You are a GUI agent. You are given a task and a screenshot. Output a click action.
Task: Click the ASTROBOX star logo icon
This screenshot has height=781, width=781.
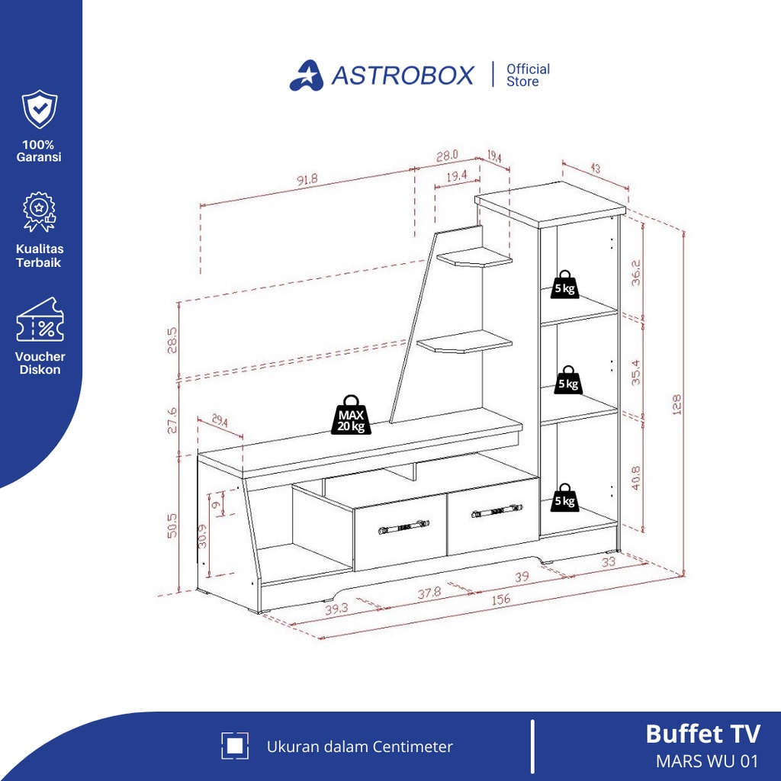click(307, 76)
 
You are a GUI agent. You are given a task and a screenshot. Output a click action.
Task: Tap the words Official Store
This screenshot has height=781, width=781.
click(528, 76)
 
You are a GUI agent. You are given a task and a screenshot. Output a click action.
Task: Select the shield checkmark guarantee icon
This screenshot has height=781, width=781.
click(40, 109)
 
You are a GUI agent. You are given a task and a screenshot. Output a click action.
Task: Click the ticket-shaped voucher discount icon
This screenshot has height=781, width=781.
click(40, 320)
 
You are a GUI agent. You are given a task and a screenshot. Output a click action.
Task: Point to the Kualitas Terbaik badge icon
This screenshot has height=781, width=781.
click(40, 212)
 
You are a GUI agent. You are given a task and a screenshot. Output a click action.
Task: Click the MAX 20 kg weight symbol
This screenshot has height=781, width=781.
click(351, 415)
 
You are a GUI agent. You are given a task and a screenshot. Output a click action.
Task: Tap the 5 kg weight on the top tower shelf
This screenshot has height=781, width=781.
click(565, 284)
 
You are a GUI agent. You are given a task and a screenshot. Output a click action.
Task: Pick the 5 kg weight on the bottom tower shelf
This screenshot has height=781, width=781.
click(565, 497)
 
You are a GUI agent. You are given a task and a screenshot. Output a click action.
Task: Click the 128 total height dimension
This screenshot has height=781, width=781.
click(676, 404)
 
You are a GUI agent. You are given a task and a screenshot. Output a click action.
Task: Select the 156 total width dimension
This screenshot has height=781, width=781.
click(500, 599)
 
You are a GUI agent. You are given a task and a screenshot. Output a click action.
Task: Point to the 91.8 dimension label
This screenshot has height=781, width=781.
click(307, 179)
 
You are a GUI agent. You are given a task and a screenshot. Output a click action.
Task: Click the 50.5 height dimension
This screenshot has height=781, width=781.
click(172, 525)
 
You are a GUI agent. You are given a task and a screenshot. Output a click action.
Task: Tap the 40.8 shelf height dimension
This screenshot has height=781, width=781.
click(635, 477)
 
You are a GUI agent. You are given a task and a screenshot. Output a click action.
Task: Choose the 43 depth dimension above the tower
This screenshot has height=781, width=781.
click(595, 169)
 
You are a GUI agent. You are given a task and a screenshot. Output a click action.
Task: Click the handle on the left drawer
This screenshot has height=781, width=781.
click(403, 526)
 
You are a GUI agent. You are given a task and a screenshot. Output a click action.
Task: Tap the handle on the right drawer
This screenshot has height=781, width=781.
click(497, 511)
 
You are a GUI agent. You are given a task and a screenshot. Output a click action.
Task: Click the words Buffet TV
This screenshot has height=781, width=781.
click(702, 734)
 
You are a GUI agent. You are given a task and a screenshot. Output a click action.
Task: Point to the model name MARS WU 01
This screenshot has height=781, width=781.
click(707, 761)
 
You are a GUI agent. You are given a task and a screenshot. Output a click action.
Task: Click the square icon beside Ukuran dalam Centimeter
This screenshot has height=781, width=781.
click(235, 746)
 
